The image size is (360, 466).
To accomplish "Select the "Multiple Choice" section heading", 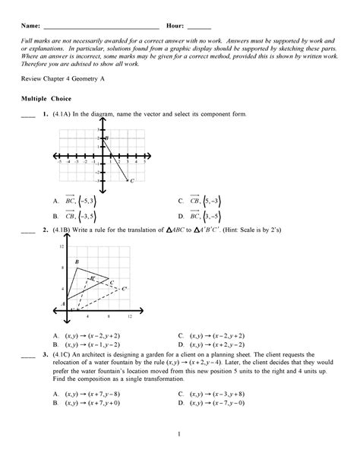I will (46, 99).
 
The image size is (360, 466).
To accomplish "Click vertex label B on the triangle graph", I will (77, 263).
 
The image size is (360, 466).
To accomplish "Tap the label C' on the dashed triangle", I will (124, 289).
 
